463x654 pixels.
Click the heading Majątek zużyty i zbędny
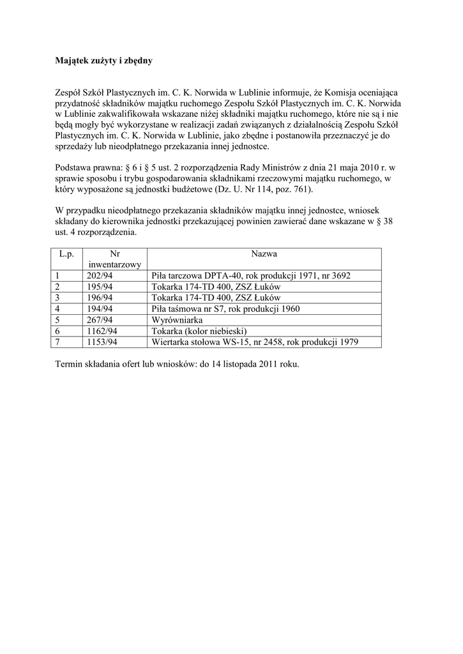(104, 62)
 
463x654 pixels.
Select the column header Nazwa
(264, 254)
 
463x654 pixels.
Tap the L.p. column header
(66, 254)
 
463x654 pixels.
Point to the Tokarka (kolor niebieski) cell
(199, 331)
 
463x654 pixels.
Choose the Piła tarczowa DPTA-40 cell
(251, 275)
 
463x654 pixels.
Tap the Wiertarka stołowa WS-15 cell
(255, 342)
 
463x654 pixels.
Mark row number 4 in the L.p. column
(57, 308)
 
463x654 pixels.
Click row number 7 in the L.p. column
(57, 342)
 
